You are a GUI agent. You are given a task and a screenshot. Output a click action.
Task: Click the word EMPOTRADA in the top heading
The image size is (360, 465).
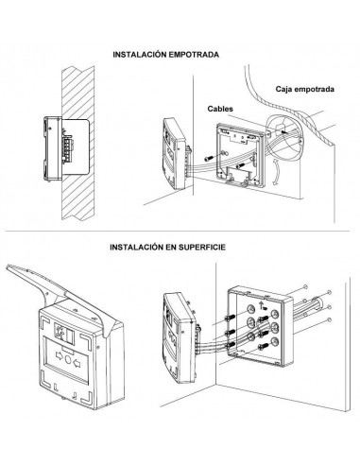click(x=194, y=55)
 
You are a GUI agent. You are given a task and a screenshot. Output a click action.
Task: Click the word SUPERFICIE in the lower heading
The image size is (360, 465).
click(x=202, y=247)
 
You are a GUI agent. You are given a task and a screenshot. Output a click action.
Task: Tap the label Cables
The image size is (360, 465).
click(x=220, y=109)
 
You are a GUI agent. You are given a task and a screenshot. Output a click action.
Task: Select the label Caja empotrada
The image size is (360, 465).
click(x=304, y=89)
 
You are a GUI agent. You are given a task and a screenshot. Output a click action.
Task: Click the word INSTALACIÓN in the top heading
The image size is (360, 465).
click(x=140, y=55)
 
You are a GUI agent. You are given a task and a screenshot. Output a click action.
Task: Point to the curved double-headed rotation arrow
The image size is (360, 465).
click(x=275, y=172)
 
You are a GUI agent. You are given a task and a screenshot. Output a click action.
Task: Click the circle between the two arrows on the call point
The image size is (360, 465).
click(x=68, y=359)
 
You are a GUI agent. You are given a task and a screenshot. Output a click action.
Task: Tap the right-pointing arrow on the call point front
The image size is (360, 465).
click(x=60, y=355)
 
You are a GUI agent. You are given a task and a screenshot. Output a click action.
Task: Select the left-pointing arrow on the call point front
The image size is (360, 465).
click(x=77, y=364)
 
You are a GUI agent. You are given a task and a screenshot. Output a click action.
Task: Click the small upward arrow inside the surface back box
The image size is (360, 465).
click(x=261, y=304)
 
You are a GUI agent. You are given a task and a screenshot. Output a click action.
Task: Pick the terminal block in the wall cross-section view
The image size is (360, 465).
click(x=67, y=147)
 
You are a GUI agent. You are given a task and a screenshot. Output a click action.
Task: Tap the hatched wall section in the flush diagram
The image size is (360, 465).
click(x=77, y=143)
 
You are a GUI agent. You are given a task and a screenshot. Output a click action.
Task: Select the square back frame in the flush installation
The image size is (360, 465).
click(x=240, y=156)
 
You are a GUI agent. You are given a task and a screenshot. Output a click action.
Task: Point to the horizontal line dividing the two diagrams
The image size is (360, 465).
click(x=178, y=232)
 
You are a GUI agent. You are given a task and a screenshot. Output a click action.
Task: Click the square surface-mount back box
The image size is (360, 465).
click(x=260, y=327)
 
